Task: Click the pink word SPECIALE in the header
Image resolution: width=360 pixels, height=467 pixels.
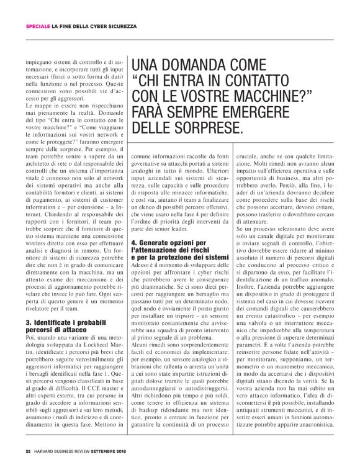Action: point(37,27)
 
